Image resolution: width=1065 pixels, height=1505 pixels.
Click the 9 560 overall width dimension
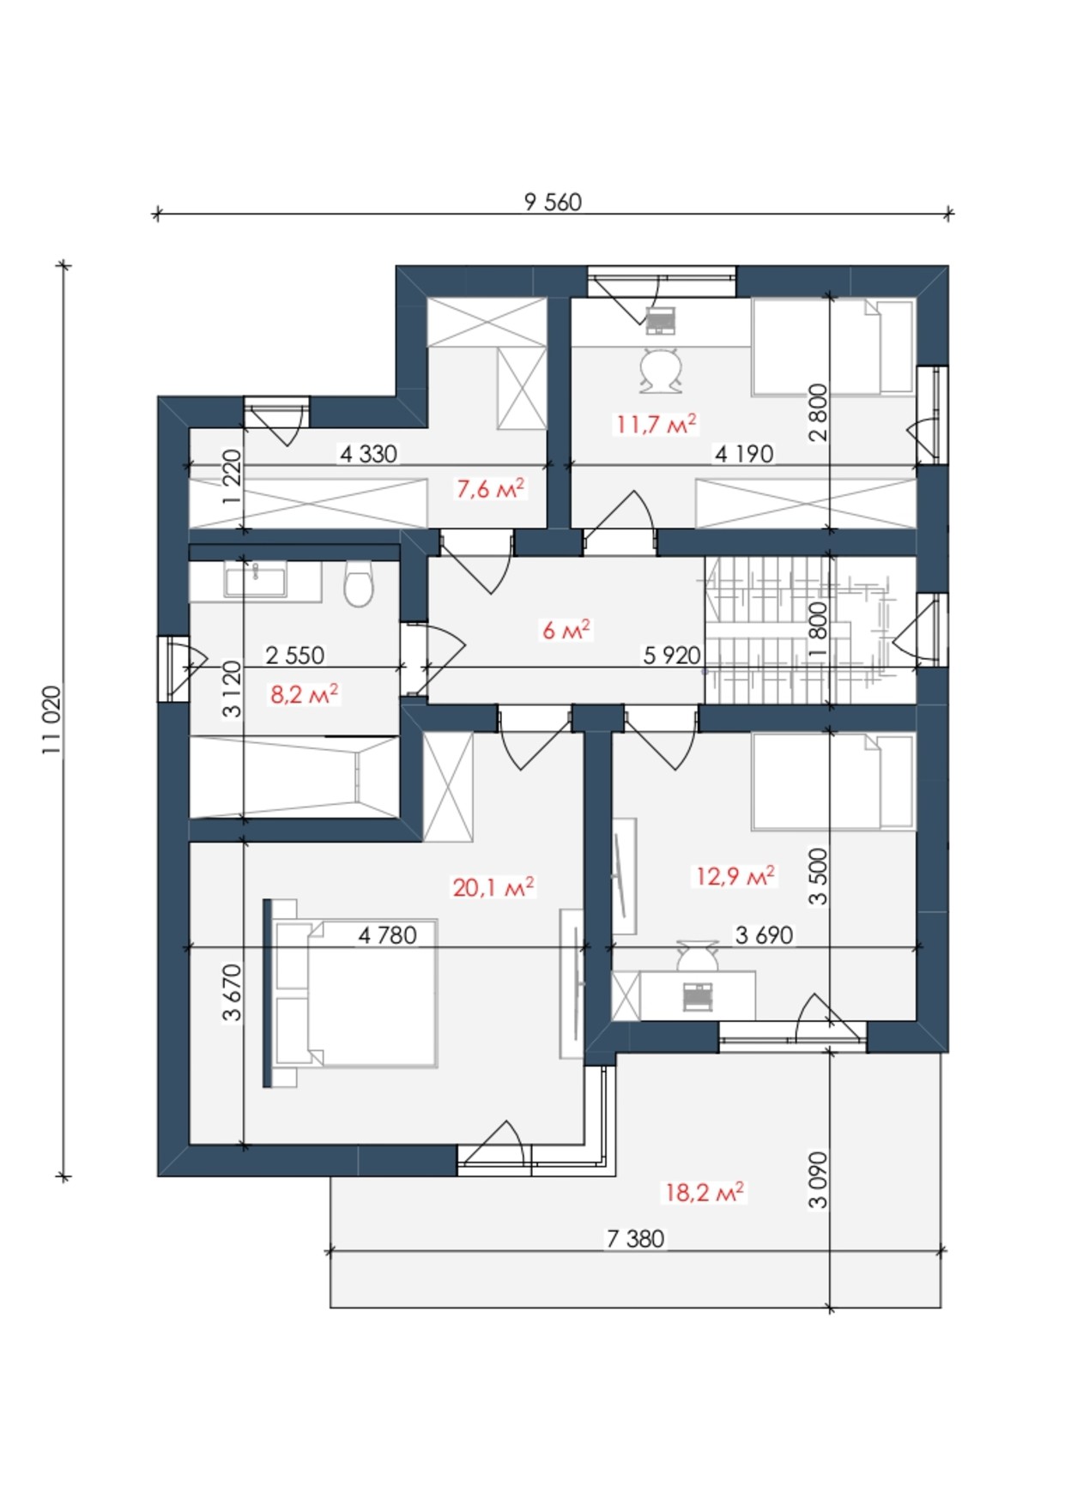553,202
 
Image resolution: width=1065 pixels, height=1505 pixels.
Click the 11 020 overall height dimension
52,720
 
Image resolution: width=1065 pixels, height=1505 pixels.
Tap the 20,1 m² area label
493,886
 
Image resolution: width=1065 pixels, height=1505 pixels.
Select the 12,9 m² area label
735,876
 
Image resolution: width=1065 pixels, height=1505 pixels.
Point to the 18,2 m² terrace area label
705,1192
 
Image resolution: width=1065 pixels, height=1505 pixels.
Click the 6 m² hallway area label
566,630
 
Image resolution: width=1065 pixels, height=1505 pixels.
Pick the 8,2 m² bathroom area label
305,693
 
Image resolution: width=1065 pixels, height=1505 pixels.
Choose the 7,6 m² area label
490,489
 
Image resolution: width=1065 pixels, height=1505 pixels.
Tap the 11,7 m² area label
656,424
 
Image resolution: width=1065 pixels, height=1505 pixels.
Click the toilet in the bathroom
360,583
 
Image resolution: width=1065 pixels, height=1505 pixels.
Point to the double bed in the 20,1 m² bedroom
350,993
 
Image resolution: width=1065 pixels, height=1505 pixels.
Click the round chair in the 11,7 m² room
661,370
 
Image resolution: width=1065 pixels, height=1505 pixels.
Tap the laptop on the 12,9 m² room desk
698,996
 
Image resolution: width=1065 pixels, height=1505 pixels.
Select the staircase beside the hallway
810,630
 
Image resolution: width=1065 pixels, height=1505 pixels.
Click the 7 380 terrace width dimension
636,1239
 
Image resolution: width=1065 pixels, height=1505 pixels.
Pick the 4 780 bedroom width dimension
387,935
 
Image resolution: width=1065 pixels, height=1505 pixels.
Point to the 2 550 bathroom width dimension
295,656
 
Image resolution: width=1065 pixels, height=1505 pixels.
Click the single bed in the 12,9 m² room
832,782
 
